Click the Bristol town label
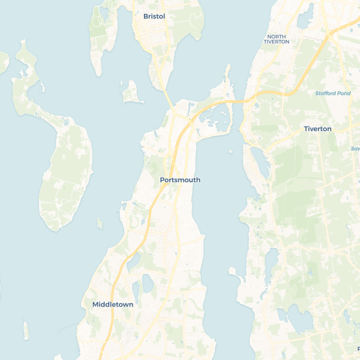tap(154, 16)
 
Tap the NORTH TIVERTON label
tap(276, 39)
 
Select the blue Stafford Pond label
tap(332, 93)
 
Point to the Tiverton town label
tap(317, 129)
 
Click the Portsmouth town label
tap(180, 180)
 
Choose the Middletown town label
tap(112, 304)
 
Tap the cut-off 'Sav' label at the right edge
tap(355, 148)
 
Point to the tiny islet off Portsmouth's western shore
tap(100, 224)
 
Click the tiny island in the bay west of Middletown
tap(26, 330)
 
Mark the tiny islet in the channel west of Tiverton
tap(229, 151)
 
